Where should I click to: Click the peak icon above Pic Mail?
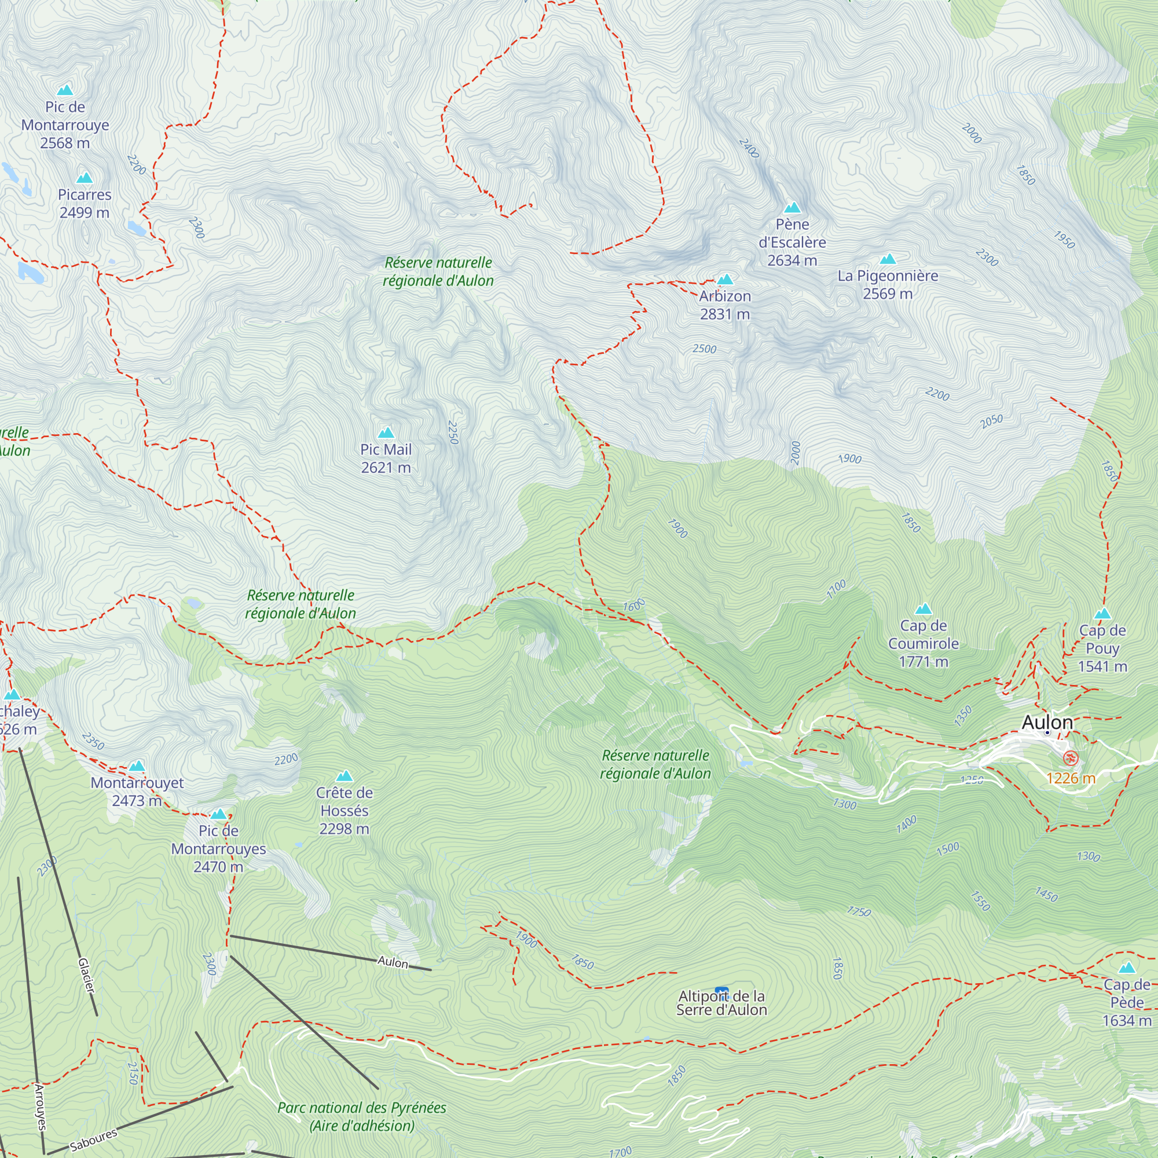point(386,433)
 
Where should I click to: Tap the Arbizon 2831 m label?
point(725,305)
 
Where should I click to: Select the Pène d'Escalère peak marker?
point(793,208)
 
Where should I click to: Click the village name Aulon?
point(1046,722)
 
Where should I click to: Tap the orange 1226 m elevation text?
point(1071,779)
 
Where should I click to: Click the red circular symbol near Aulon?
point(1070,759)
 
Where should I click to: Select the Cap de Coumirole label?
point(923,643)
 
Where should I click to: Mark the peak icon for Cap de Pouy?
point(1103,614)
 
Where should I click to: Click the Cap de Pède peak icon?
point(1127,968)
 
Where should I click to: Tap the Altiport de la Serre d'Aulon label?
point(721,1003)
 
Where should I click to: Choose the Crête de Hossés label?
point(344,811)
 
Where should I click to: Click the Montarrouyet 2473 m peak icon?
point(137,766)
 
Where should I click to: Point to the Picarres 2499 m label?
point(85,203)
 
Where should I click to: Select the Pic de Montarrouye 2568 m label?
point(65,124)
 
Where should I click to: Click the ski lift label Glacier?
point(86,975)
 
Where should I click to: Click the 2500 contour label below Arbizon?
point(704,349)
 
